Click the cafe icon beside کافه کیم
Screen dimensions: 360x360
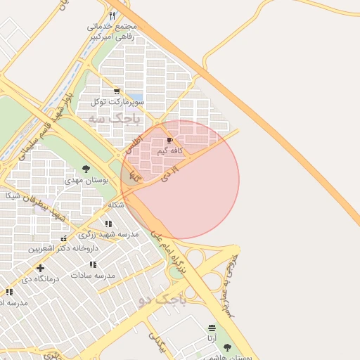click(170, 141)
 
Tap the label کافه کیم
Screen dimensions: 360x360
click(171, 150)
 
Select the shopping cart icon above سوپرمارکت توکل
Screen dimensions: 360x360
click(116, 91)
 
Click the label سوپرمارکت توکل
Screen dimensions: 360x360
click(117, 102)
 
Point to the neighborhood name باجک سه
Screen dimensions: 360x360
click(115, 119)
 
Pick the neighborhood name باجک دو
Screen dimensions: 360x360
click(162, 301)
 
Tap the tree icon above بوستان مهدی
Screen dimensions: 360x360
click(86, 169)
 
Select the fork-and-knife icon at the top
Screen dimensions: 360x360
click(112, 15)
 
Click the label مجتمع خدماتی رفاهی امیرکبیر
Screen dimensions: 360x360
click(111, 32)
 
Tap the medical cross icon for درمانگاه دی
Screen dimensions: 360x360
click(40, 268)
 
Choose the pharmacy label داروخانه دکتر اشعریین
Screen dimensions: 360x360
click(58, 248)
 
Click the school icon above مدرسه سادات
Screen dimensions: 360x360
click(93, 265)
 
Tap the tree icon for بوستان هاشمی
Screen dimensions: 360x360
click(226, 347)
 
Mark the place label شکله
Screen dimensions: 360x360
click(116, 205)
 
